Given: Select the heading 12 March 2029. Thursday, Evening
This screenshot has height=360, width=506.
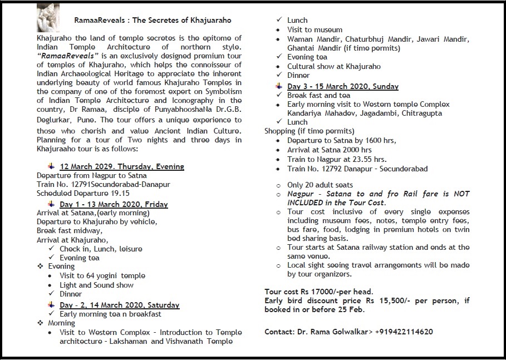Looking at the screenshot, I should click(122, 166).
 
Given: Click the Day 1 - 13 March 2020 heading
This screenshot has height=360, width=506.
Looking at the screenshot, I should click(114, 204).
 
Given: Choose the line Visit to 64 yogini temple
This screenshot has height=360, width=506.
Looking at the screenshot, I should click(102, 276).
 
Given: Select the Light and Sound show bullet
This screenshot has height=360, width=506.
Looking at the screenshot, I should click(97, 285).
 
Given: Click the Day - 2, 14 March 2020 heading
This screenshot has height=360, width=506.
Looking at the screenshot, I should click(120, 305).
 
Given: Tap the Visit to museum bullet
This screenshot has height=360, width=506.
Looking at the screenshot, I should click(315, 29).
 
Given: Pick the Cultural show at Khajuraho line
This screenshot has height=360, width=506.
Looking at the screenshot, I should click(334, 66).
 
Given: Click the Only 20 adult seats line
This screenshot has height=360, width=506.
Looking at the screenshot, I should click(320, 185).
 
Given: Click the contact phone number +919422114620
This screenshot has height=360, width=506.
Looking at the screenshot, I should click(404, 332).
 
